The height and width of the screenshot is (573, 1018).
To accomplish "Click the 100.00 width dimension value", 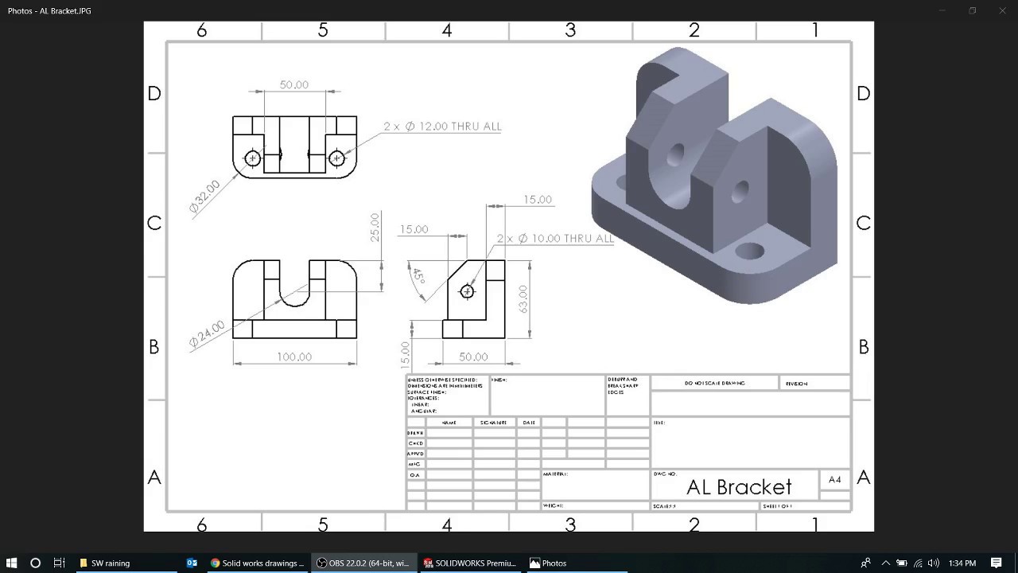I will pyautogui.click(x=294, y=357).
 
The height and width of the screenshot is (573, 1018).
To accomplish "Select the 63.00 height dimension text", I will pyautogui.click(x=523, y=298).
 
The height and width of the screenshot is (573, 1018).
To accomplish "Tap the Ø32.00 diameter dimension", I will pyautogui.click(x=204, y=197).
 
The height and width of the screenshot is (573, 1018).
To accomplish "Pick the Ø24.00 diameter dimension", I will pyautogui.click(x=206, y=335).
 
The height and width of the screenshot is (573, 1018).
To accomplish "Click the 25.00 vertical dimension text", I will pyautogui.click(x=375, y=227).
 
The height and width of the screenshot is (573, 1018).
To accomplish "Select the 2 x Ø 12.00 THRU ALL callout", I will pyautogui.click(x=442, y=127).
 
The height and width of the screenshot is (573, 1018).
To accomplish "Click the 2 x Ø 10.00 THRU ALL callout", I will pyautogui.click(x=555, y=239).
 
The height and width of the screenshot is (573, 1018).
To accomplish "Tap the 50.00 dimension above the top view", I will pyautogui.click(x=294, y=84).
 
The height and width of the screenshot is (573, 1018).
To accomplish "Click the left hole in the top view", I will pyautogui.click(x=253, y=158).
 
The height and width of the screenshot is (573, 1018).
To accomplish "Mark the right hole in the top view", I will pyautogui.click(x=336, y=158).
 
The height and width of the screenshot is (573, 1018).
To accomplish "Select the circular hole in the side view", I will pyautogui.click(x=467, y=292).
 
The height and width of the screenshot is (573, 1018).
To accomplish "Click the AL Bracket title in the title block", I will pyautogui.click(x=739, y=487).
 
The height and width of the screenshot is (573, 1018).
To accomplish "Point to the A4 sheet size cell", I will pyautogui.click(x=834, y=480).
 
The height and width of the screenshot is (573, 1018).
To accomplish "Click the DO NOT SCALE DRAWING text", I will pyautogui.click(x=714, y=384).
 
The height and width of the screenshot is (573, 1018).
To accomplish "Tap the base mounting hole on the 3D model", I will pyautogui.click(x=749, y=251).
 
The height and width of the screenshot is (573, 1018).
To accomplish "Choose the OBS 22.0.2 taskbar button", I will pyautogui.click(x=363, y=563).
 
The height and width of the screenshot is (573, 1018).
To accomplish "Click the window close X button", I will pyautogui.click(x=1002, y=11).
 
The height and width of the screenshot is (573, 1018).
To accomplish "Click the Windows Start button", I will pyautogui.click(x=12, y=563).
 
